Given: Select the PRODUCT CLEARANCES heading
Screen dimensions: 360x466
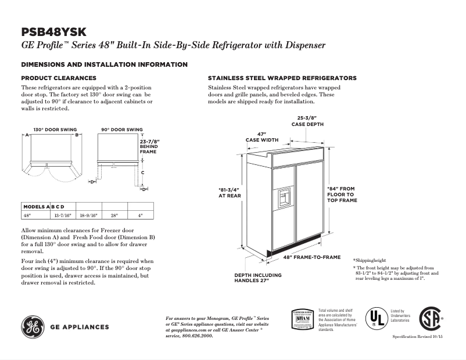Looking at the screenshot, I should coord(59,78).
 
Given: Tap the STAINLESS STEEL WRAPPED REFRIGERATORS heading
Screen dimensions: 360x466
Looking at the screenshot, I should coord(282,78).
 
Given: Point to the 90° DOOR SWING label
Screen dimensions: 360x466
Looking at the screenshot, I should coord(122,129).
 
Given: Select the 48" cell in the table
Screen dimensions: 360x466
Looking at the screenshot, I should coord(27,215).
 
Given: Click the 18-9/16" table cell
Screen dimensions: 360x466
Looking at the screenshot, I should coord(88,215).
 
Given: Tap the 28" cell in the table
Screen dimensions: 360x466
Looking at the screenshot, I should coord(114,215).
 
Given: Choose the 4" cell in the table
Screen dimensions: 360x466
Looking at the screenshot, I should coord(140,215).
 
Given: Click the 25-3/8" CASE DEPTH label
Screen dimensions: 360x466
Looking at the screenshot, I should coord(307,121).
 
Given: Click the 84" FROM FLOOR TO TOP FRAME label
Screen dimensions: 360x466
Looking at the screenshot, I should coord(342,195).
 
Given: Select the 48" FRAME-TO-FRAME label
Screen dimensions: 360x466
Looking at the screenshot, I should coord(312,257).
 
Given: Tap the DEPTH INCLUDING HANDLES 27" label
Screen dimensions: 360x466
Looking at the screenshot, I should coord(258,278).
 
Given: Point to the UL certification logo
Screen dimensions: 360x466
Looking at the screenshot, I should coord(375,318).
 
